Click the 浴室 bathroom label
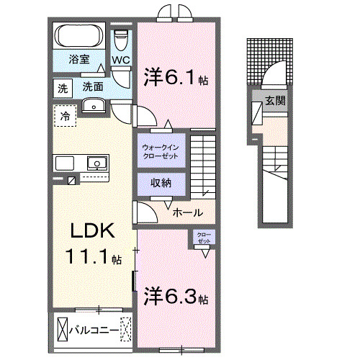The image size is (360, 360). (79, 60)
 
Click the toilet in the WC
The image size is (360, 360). (121, 37)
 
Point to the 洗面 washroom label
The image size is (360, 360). (92, 86)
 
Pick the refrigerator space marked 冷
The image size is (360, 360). (66, 115)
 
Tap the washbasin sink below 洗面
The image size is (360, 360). (94, 107)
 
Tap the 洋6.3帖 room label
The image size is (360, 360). (176, 295)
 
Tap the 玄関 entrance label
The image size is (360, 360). (274, 100)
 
